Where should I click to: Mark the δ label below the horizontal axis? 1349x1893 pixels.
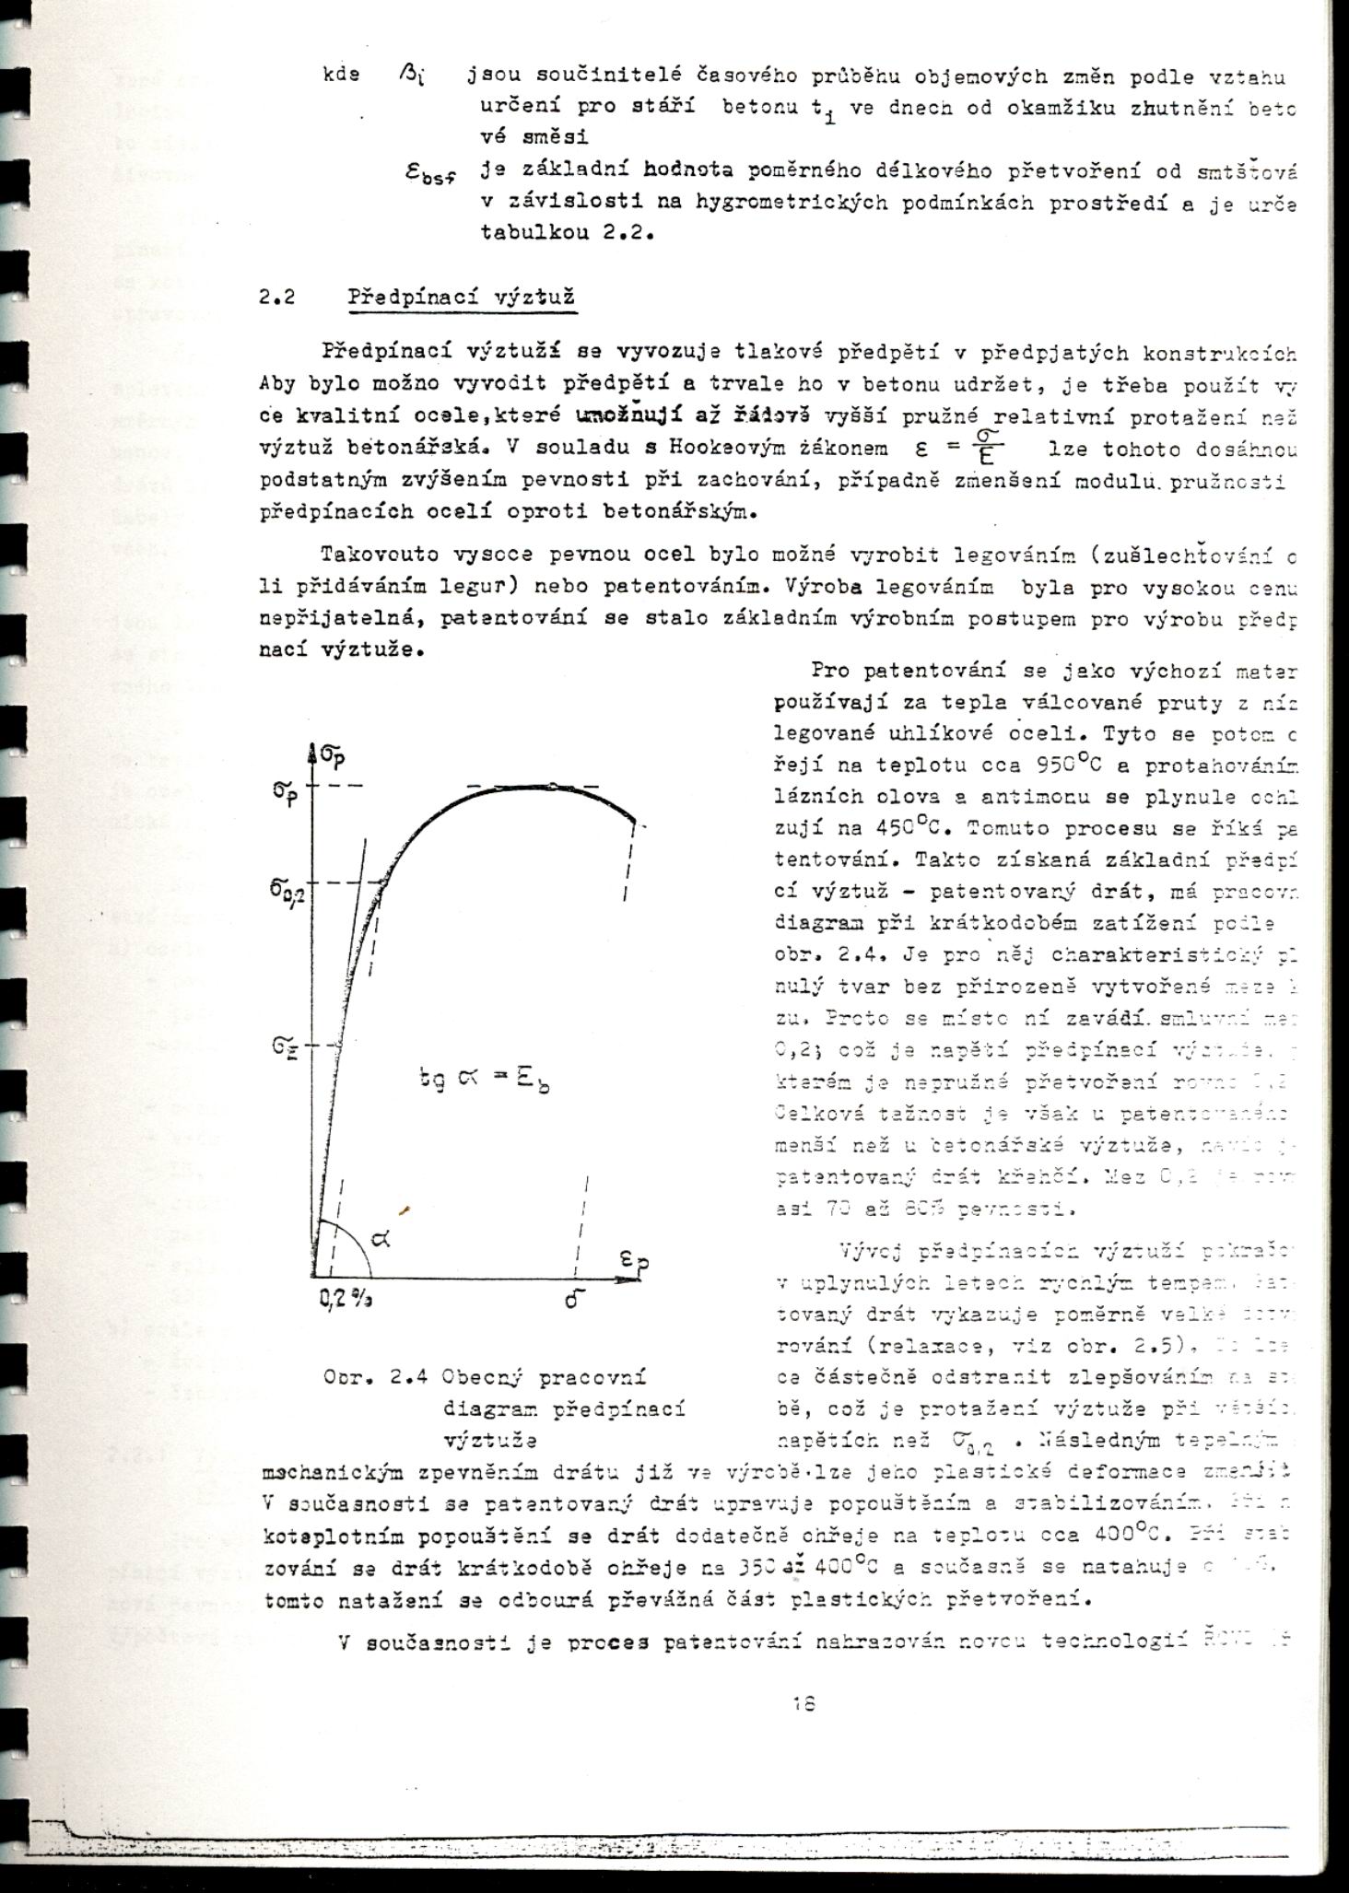(x=576, y=1302)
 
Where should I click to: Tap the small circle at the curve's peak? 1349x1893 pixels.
(x=552, y=786)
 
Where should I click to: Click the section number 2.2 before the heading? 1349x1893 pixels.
(x=277, y=298)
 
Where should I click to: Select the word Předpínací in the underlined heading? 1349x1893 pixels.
(x=403, y=298)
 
